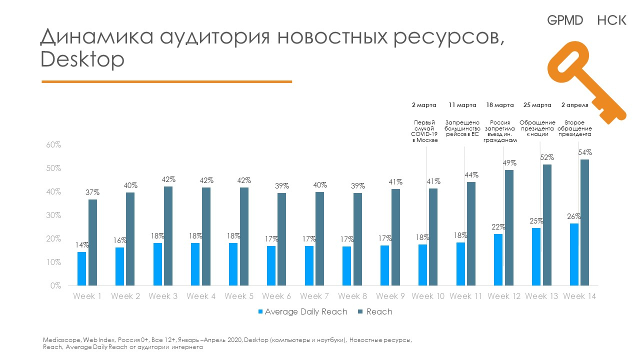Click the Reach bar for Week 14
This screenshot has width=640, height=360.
coord(584,222)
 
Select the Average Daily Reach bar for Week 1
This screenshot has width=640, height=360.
coord(81,268)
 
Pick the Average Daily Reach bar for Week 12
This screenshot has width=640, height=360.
coord(498,259)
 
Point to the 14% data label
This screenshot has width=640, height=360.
coord(82,245)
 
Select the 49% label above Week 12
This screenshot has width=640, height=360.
coord(510,163)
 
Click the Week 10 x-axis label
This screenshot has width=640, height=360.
coord(428,296)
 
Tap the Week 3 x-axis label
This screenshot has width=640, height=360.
coord(163,296)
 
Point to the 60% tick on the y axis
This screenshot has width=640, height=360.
coord(53,145)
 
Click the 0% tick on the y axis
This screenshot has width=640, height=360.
coord(55,286)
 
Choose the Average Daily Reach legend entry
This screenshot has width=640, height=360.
coord(302,312)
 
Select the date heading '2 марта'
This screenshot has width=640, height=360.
coord(424,105)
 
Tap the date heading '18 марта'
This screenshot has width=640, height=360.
coord(500,105)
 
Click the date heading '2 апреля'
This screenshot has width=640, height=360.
coord(575,105)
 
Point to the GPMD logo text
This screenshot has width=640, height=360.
coord(565,20)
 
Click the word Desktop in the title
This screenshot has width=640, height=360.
coord(82,60)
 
